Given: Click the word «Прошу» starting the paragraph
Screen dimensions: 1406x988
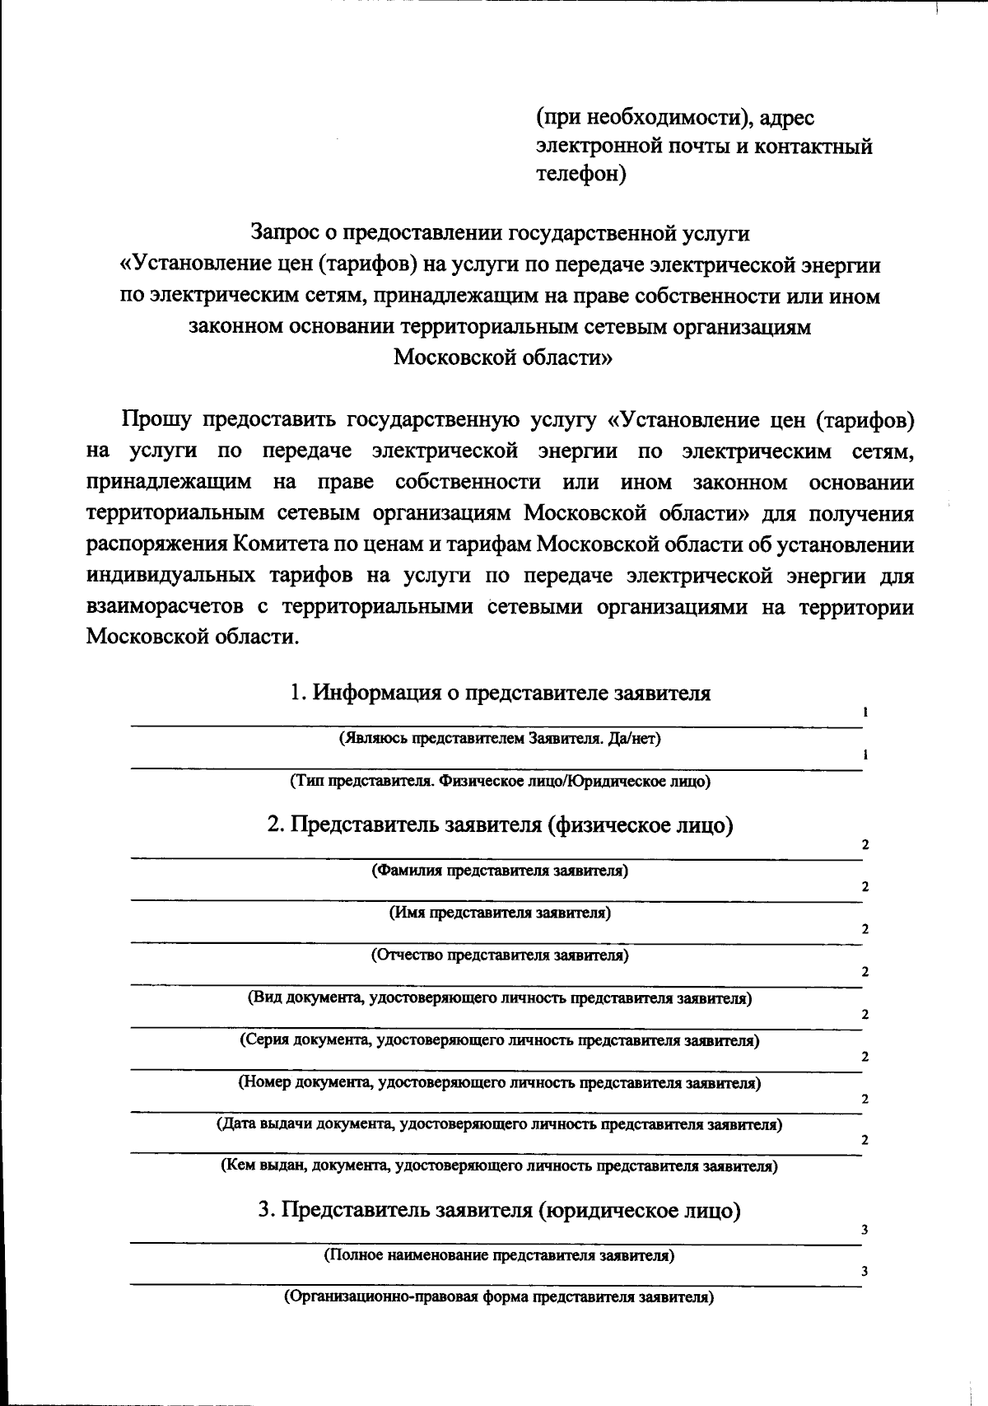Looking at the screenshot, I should [x=156, y=420].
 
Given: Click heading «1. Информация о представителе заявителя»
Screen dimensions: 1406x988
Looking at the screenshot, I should [x=501, y=693].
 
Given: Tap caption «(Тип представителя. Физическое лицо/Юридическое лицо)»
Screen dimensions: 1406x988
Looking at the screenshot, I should [x=500, y=781].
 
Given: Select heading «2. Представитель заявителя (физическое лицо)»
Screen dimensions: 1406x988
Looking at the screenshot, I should [x=500, y=824].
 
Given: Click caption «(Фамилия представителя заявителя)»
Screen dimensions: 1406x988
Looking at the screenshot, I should [x=500, y=871].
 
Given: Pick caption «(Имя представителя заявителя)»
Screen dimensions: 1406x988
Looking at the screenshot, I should [x=500, y=913].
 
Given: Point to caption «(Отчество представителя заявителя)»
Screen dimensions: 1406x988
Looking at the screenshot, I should [x=500, y=955].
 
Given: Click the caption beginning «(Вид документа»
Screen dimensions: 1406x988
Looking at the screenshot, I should [x=500, y=998].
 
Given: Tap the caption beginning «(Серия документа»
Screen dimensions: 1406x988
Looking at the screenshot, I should [x=500, y=1040].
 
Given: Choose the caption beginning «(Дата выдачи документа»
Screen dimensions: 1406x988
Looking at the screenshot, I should [x=499, y=1124].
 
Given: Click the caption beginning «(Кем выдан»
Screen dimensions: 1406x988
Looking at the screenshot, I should [x=499, y=1166].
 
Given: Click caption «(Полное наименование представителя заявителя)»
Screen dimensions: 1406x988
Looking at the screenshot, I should [x=499, y=1256].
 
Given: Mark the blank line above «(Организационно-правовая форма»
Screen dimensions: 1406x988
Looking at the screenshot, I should [x=494, y=1283].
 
